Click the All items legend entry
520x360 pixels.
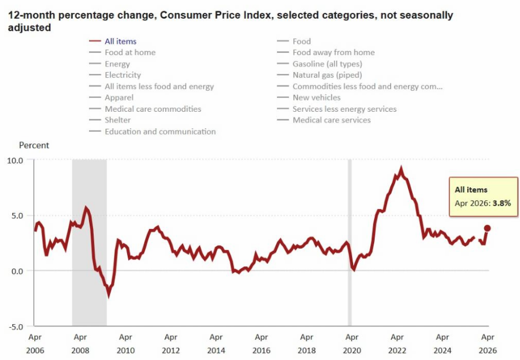tap(113, 42)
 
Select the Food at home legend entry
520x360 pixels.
tap(122, 52)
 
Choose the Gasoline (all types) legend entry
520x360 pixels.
tap(320, 64)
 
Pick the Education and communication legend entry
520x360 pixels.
tap(153, 132)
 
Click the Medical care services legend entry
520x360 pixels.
tap(324, 120)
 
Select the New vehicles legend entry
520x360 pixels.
tap(309, 97)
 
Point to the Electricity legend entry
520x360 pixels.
tap(115, 75)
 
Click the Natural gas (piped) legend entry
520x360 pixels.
tap(320, 75)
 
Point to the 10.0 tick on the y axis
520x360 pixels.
tap(15, 160)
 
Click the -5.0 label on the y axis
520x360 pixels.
tap(15, 327)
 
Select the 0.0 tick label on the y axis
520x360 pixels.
tap(18, 271)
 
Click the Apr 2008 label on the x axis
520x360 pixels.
tap(80, 344)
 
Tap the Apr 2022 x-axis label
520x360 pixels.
tap(397, 344)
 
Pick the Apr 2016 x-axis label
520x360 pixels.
tap(261, 344)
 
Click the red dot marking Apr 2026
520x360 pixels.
tap(487, 228)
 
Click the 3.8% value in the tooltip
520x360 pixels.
tap(502, 203)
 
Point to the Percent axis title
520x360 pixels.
tap(34, 145)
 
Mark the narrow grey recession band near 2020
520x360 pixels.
tap(350, 243)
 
